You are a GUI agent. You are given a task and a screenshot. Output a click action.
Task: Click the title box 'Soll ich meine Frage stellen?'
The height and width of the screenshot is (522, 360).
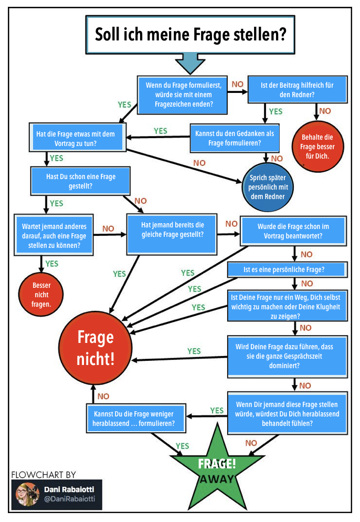pos(190,35)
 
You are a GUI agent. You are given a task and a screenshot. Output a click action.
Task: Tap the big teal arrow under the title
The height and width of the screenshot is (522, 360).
pos(190,62)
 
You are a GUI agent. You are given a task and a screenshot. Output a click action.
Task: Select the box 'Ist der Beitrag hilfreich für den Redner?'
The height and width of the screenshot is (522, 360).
pos(297,89)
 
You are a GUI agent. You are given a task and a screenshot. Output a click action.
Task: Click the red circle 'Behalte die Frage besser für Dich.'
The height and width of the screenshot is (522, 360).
pos(317,147)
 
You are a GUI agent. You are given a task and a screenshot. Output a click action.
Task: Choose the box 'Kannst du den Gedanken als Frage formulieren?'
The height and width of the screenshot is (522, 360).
pos(234,138)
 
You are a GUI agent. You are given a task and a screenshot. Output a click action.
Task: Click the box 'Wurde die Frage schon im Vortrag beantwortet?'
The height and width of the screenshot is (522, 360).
pos(293,231)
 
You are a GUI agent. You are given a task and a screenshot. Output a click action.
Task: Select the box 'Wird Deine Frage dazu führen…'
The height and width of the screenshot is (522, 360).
pos(287,356)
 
